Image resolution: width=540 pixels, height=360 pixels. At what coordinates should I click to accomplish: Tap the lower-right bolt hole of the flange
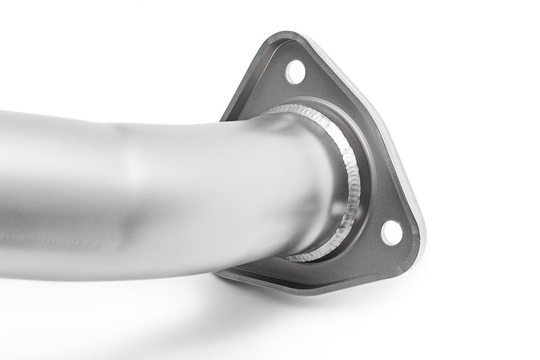coord(391,232)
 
